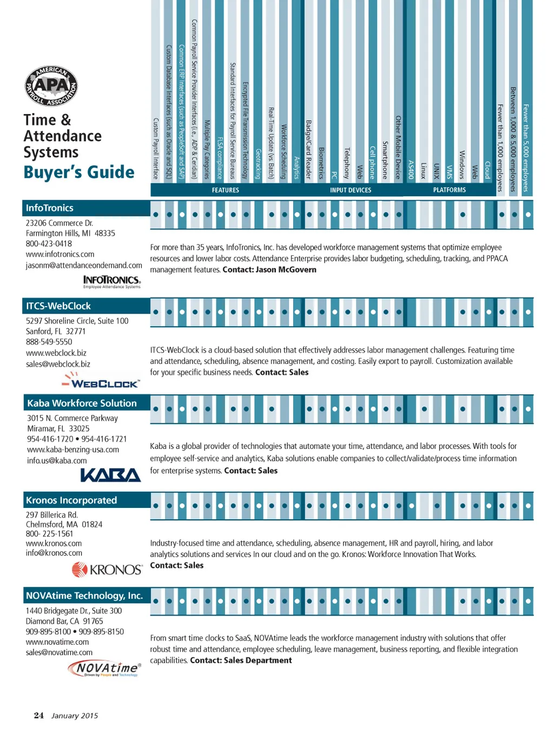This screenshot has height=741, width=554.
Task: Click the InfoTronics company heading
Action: (x=50, y=208)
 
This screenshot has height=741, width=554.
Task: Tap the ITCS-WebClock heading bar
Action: (x=58, y=306)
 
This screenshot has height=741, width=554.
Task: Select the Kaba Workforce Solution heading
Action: (x=82, y=403)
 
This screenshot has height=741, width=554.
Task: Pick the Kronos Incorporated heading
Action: (x=71, y=501)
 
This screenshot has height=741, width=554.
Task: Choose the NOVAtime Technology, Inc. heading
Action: (x=84, y=596)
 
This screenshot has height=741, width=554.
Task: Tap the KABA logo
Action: (x=110, y=475)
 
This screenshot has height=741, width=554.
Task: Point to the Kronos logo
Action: (x=107, y=570)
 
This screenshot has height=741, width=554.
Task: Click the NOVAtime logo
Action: (x=105, y=669)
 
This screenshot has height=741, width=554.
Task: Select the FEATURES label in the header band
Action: (x=225, y=190)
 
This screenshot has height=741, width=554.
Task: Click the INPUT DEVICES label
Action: (x=351, y=190)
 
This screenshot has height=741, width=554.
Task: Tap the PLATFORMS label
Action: (x=449, y=190)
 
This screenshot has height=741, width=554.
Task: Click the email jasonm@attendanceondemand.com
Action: (x=84, y=266)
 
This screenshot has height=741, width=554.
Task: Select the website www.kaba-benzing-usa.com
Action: (x=73, y=450)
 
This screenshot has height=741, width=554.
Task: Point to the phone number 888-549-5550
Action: (x=49, y=342)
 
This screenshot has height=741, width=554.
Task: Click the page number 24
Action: (x=39, y=716)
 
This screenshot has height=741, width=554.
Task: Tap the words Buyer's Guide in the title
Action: (x=79, y=173)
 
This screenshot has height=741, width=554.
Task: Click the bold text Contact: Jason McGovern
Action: (x=269, y=270)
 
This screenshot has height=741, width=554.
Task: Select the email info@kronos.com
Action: (x=54, y=553)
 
